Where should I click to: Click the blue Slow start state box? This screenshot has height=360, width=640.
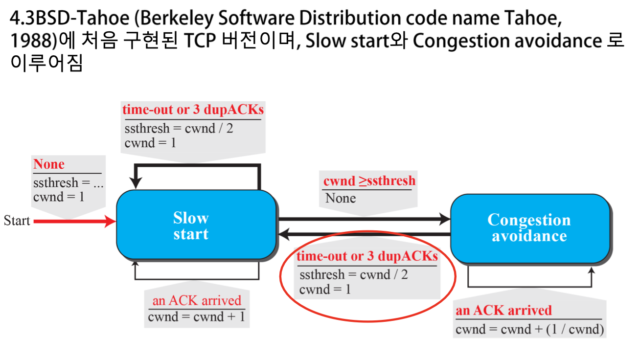[196, 225]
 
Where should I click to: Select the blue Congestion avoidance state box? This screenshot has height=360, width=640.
[530, 228]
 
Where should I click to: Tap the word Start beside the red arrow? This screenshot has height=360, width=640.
[17, 221]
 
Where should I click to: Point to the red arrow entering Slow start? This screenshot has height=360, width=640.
[73, 222]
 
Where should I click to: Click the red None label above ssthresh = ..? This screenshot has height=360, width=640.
[48, 164]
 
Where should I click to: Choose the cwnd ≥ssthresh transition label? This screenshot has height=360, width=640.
[369, 181]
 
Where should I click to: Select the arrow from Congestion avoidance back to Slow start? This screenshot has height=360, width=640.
[365, 235]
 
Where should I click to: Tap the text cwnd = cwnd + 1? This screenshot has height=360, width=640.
[196, 317]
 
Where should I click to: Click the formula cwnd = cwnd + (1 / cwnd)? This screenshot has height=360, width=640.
[529, 329]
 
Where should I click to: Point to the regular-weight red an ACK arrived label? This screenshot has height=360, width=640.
[197, 300]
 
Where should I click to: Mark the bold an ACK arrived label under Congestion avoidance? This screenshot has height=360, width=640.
[503, 311]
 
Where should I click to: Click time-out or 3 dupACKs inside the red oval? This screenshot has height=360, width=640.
[366, 256]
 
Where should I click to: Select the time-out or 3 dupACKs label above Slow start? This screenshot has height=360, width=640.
[193, 110]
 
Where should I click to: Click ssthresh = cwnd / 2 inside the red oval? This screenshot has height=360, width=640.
[353, 274]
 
